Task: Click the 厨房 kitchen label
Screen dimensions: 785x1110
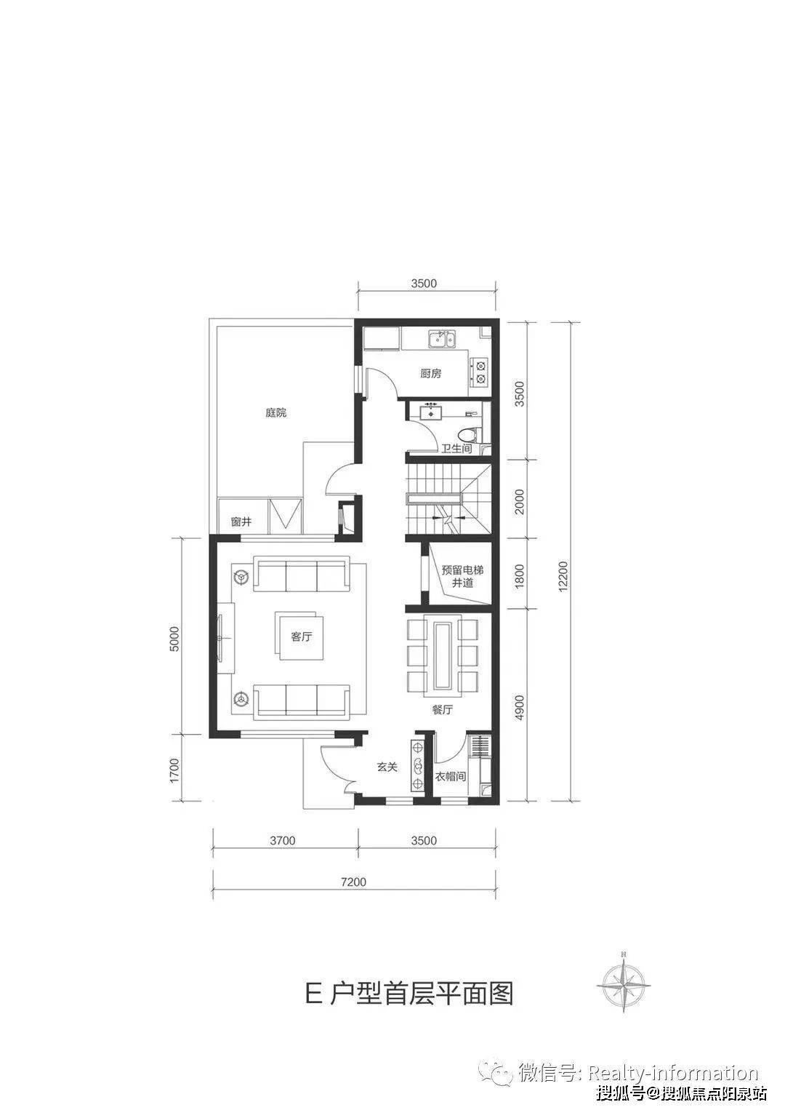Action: (430, 374)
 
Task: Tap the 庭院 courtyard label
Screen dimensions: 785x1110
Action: (276, 412)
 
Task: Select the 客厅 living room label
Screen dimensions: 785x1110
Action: (301, 636)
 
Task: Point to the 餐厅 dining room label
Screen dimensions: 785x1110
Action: (442, 710)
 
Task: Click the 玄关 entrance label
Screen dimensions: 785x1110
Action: (387, 767)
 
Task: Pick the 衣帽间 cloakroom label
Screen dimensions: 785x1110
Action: (450, 777)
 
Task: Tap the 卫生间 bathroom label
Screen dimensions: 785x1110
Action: (456, 449)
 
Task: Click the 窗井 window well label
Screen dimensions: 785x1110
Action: (241, 522)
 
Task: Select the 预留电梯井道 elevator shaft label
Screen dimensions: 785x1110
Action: (462, 576)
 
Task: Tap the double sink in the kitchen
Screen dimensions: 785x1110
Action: (443, 340)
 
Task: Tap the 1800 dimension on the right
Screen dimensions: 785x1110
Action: (520, 576)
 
